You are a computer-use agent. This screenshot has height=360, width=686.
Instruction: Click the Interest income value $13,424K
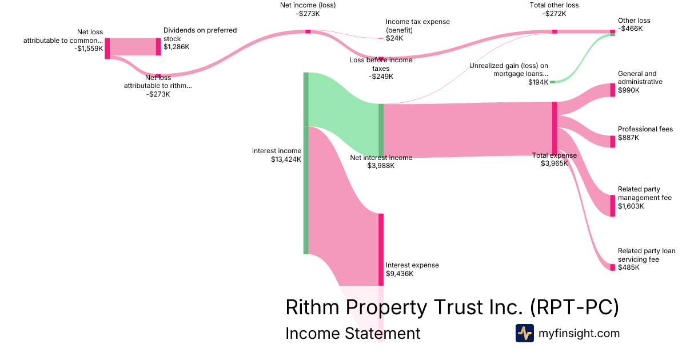286,159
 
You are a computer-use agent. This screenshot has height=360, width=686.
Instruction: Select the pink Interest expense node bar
381,249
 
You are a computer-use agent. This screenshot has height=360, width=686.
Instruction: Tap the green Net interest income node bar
381,130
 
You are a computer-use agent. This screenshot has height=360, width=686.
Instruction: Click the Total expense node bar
555,128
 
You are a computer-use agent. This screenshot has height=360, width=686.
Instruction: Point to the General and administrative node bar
613,90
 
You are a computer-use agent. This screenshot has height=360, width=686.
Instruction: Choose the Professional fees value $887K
628,138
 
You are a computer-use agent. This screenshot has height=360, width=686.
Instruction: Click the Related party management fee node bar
613,206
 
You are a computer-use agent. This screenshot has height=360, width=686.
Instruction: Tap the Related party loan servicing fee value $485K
629,267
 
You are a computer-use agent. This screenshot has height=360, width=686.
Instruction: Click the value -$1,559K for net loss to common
89,49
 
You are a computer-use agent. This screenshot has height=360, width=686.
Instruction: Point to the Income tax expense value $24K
394,38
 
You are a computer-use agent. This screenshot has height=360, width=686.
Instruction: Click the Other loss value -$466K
630,28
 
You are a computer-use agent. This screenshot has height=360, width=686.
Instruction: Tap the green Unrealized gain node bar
553,82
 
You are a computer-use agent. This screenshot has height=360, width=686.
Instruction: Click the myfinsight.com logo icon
524,333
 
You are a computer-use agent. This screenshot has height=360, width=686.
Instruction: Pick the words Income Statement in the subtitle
353,333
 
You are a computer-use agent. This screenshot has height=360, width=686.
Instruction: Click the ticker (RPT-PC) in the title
574,307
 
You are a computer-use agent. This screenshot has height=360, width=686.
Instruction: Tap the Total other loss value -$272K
554,13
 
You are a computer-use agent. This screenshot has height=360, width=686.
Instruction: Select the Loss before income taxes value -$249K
381,76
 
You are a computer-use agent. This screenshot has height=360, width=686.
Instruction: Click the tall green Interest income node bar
306,163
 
